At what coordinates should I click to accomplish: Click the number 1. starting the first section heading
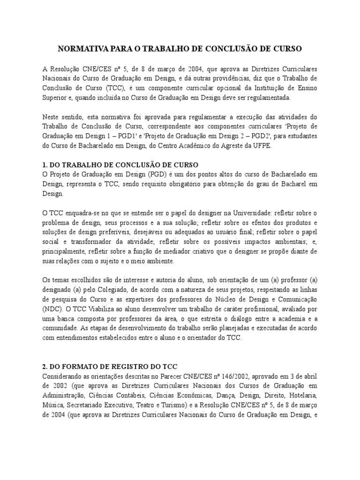45,165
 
